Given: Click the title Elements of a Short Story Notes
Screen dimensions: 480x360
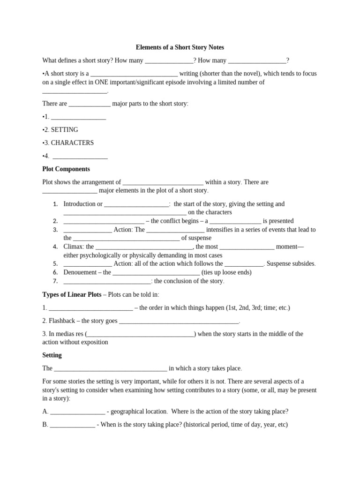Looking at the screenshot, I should coord(180,47).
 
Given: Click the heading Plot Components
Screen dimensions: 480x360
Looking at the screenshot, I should coord(66,169).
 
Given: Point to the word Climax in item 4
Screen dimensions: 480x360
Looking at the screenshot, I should coord(73,247).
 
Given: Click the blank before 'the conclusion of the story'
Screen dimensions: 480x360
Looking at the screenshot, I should coord(107,282).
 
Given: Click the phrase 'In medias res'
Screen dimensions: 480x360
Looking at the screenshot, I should coord(66,334).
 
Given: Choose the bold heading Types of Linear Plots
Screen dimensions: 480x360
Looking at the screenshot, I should coord(72,295).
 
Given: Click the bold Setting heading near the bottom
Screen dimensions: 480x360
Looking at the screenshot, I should coord(52,355).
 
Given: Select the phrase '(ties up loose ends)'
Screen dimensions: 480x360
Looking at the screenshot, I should coord(226,272).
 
